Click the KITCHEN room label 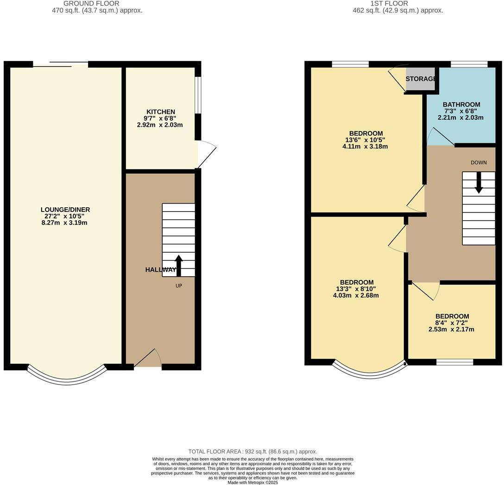click(x=161, y=112)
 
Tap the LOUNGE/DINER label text click(x=65, y=210)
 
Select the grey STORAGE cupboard click(x=420, y=79)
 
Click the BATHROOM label click(x=461, y=105)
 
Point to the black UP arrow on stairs click(x=178, y=265)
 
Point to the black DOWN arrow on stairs click(x=479, y=182)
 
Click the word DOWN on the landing click(x=479, y=162)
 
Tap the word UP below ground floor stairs click(x=179, y=286)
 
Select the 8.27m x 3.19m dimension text click(x=64, y=223)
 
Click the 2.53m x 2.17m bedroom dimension click(x=452, y=330)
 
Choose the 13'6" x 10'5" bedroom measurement click(x=365, y=140)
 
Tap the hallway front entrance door click(x=147, y=359)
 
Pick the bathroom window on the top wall click(x=469, y=64)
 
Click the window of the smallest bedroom click(x=454, y=362)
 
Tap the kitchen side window click(x=197, y=94)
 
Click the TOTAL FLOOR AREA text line click(x=252, y=451)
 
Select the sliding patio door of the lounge click(x=60, y=64)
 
